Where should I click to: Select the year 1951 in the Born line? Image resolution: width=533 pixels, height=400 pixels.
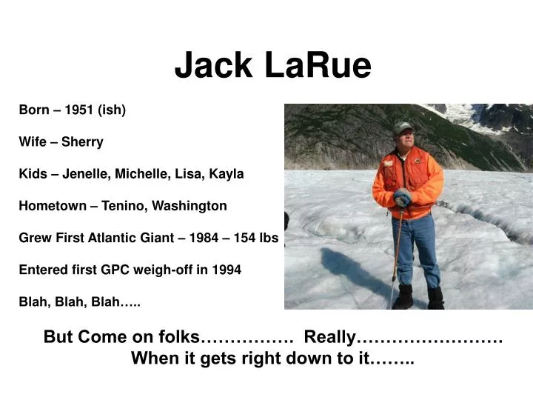pos(79,110)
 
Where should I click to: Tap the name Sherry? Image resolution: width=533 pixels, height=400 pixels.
pos(82,142)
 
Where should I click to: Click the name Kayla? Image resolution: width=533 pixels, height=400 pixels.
pos(227,174)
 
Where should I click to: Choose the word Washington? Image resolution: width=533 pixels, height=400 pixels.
pos(185,206)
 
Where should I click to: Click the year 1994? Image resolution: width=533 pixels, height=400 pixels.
pos(227,270)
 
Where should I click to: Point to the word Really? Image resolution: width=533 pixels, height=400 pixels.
pos(330,337)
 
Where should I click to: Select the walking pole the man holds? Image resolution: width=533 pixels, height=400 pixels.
pos(396,252)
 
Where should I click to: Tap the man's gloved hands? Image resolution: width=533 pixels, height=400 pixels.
pos(402,199)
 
